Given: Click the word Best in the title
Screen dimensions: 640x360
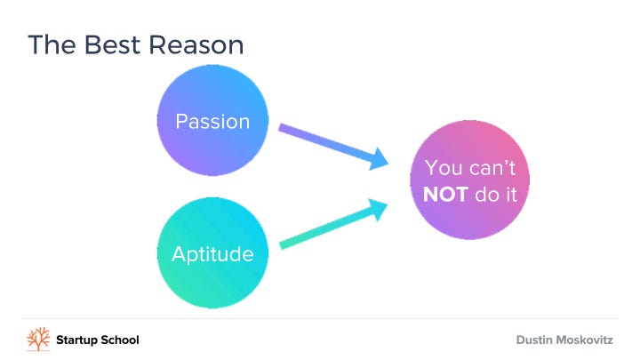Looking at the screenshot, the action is click(x=112, y=44).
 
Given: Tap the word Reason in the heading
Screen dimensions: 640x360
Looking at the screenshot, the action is click(x=196, y=44).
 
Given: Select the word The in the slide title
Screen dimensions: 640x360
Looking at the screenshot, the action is click(x=52, y=44).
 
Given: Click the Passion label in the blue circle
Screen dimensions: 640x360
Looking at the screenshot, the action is click(x=212, y=122).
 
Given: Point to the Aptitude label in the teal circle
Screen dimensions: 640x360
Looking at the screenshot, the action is click(x=212, y=255).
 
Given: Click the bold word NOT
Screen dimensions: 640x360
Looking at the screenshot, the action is click(x=445, y=195).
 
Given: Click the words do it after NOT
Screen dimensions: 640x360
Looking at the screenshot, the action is click(x=496, y=195).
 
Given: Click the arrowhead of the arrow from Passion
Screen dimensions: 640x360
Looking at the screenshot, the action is click(x=379, y=159).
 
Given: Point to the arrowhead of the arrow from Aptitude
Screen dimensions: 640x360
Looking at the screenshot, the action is click(x=378, y=209).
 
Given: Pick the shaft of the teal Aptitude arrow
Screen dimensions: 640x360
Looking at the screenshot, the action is click(x=325, y=228).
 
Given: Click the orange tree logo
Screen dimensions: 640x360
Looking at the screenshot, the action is click(x=38, y=339).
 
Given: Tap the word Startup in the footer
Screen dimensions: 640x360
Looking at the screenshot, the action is click(x=76, y=340).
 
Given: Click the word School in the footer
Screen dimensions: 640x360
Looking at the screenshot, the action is click(x=120, y=340).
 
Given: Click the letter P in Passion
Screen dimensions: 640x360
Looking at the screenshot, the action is click(x=180, y=122).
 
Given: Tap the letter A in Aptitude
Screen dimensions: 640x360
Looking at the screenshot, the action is click(x=179, y=254).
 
